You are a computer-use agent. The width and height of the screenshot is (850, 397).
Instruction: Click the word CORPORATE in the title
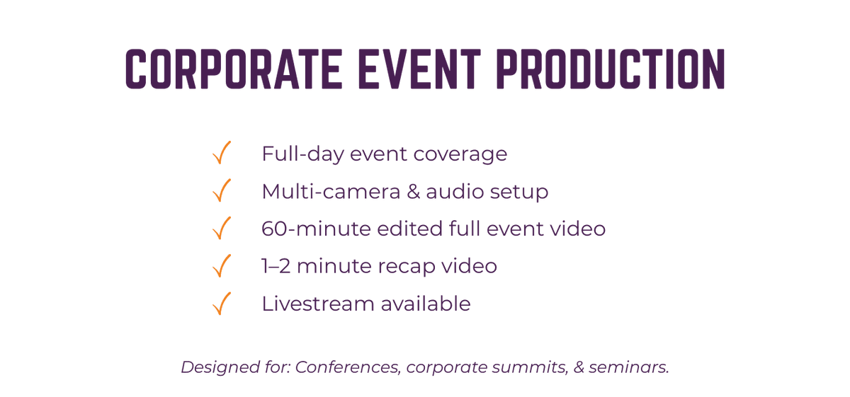tap(233, 69)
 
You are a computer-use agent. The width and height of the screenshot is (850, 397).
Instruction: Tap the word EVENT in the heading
tap(419, 69)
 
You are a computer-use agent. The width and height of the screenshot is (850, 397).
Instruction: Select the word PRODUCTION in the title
tap(611, 69)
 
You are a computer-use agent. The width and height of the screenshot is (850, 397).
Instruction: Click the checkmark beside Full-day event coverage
tap(222, 152)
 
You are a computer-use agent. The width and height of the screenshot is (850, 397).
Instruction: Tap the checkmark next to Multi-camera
tap(222, 190)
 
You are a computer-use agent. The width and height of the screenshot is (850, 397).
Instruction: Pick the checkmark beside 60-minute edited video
tap(222, 228)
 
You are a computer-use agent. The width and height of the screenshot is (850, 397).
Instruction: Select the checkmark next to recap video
tap(222, 265)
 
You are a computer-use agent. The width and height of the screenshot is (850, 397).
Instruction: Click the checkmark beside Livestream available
tap(222, 304)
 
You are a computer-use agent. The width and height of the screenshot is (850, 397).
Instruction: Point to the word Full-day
tap(303, 154)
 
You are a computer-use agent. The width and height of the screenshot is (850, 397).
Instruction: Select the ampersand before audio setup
tap(413, 191)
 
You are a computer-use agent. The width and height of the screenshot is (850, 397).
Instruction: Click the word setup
tap(518, 192)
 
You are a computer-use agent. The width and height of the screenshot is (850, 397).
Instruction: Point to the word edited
tap(409, 229)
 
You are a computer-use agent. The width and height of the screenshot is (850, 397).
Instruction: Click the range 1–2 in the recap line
tap(276, 266)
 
